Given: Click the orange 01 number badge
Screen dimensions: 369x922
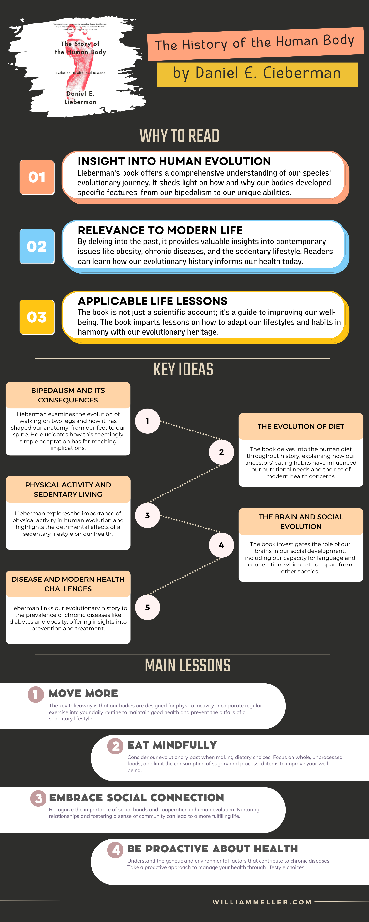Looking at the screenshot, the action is [37, 177].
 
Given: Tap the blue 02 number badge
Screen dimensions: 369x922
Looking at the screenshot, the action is [37, 246].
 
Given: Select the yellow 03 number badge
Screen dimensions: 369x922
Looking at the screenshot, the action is [37, 317].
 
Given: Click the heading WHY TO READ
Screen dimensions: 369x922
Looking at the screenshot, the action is [179, 136].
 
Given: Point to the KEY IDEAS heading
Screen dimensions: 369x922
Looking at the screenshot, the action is [183, 369].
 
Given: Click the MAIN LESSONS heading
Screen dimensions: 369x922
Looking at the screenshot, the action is [187, 665].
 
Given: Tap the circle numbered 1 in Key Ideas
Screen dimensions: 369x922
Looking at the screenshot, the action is [147, 421].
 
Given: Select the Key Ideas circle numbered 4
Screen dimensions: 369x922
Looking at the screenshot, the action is [221, 545].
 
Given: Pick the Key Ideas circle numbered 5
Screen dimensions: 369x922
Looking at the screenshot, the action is [147, 607].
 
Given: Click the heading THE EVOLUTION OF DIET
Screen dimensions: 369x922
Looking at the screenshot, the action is [301, 426].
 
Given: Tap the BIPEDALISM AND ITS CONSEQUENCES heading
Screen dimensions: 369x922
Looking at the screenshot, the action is [68, 395].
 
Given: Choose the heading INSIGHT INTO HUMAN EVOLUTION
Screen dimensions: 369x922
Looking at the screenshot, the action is [174, 162].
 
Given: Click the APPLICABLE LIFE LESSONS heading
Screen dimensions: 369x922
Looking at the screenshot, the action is [152, 301].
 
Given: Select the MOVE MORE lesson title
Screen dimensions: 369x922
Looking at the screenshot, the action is [83, 693].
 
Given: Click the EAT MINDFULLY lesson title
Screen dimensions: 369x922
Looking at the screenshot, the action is [172, 745].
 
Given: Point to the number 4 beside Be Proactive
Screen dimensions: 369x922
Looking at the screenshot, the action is [115, 849].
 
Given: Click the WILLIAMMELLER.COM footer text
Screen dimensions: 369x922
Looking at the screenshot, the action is [262, 902].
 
